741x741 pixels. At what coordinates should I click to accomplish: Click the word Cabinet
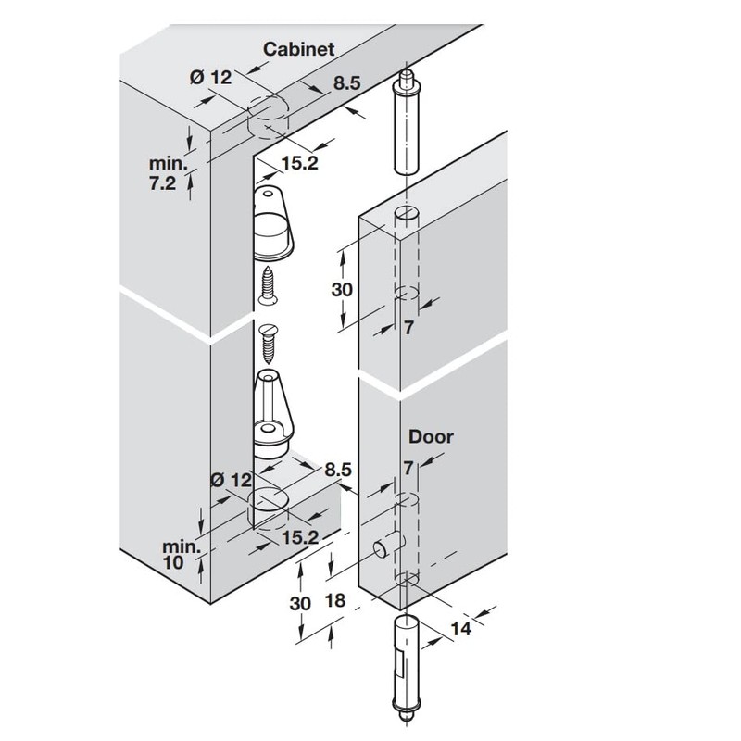[x=298, y=48]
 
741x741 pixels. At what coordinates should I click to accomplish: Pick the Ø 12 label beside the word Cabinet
[x=211, y=78]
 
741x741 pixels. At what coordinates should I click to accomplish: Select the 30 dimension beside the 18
[x=299, y=603]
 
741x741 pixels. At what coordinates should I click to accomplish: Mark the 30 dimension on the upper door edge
[x=342, y=288]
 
